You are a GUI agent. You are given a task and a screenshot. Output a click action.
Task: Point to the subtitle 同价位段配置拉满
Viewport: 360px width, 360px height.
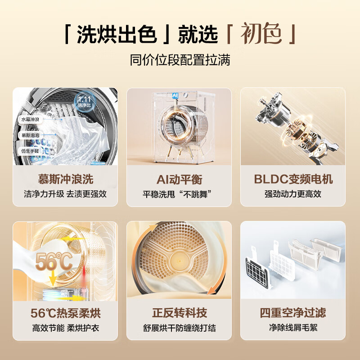(180, 60)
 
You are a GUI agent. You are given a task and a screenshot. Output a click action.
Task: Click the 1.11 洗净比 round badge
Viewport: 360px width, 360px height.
(84, 101)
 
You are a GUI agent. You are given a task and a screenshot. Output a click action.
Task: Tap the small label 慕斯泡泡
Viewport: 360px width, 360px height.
(30, 135)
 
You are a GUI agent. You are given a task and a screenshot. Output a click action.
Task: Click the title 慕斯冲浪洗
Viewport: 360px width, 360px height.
(65, 180)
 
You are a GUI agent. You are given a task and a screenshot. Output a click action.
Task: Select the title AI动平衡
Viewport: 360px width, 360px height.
(179, 180)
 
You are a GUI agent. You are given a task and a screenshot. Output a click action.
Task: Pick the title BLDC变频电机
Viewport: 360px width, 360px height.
(293, 180)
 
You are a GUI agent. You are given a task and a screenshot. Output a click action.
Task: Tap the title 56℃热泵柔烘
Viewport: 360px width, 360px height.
(65, 313)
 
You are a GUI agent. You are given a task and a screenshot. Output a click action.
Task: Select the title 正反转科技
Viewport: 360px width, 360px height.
(179, 313)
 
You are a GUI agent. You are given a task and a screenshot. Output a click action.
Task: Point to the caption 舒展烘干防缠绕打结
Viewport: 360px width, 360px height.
(179, 328)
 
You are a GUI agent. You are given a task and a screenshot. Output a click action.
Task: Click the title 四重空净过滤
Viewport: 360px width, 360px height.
(293, 313)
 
